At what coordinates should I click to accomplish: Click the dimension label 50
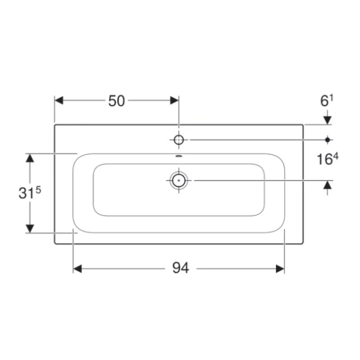(x=116, y=101)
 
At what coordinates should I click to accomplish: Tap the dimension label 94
(x=181, y=268)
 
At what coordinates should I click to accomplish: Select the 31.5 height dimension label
(x=29, y=192)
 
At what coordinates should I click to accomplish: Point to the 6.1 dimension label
(x=326, y=101)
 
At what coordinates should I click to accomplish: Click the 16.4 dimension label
(x=328, y=159)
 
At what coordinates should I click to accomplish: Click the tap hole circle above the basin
(x=179, y=140)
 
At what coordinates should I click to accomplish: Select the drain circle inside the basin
(x=179, y=181)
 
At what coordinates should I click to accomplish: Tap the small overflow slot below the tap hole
(x=179, y=157)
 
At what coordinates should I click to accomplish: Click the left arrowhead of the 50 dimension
(x=59, y=100)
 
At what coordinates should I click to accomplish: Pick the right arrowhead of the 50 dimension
(x=175, y=100)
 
